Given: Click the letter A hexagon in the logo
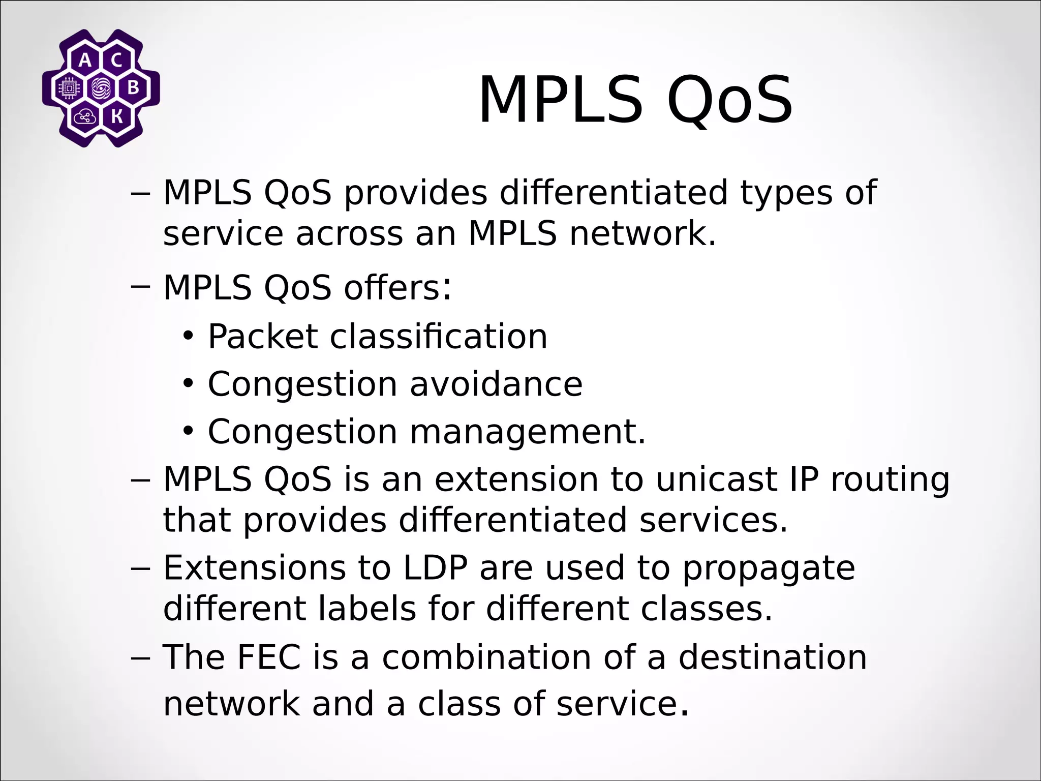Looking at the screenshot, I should tap(85, 61).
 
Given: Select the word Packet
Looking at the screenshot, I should tap(262, 337).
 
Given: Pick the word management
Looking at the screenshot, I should tap(527, 432).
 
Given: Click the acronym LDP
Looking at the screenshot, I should tap(435, 567).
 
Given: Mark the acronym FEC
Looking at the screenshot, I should tap(268, 657).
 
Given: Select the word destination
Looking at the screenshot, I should tap(773, 657).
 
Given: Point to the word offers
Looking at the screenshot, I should tap(397, 288).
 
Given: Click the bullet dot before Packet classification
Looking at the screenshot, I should tap(189, 337).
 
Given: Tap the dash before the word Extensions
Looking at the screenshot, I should tap(140, 567).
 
